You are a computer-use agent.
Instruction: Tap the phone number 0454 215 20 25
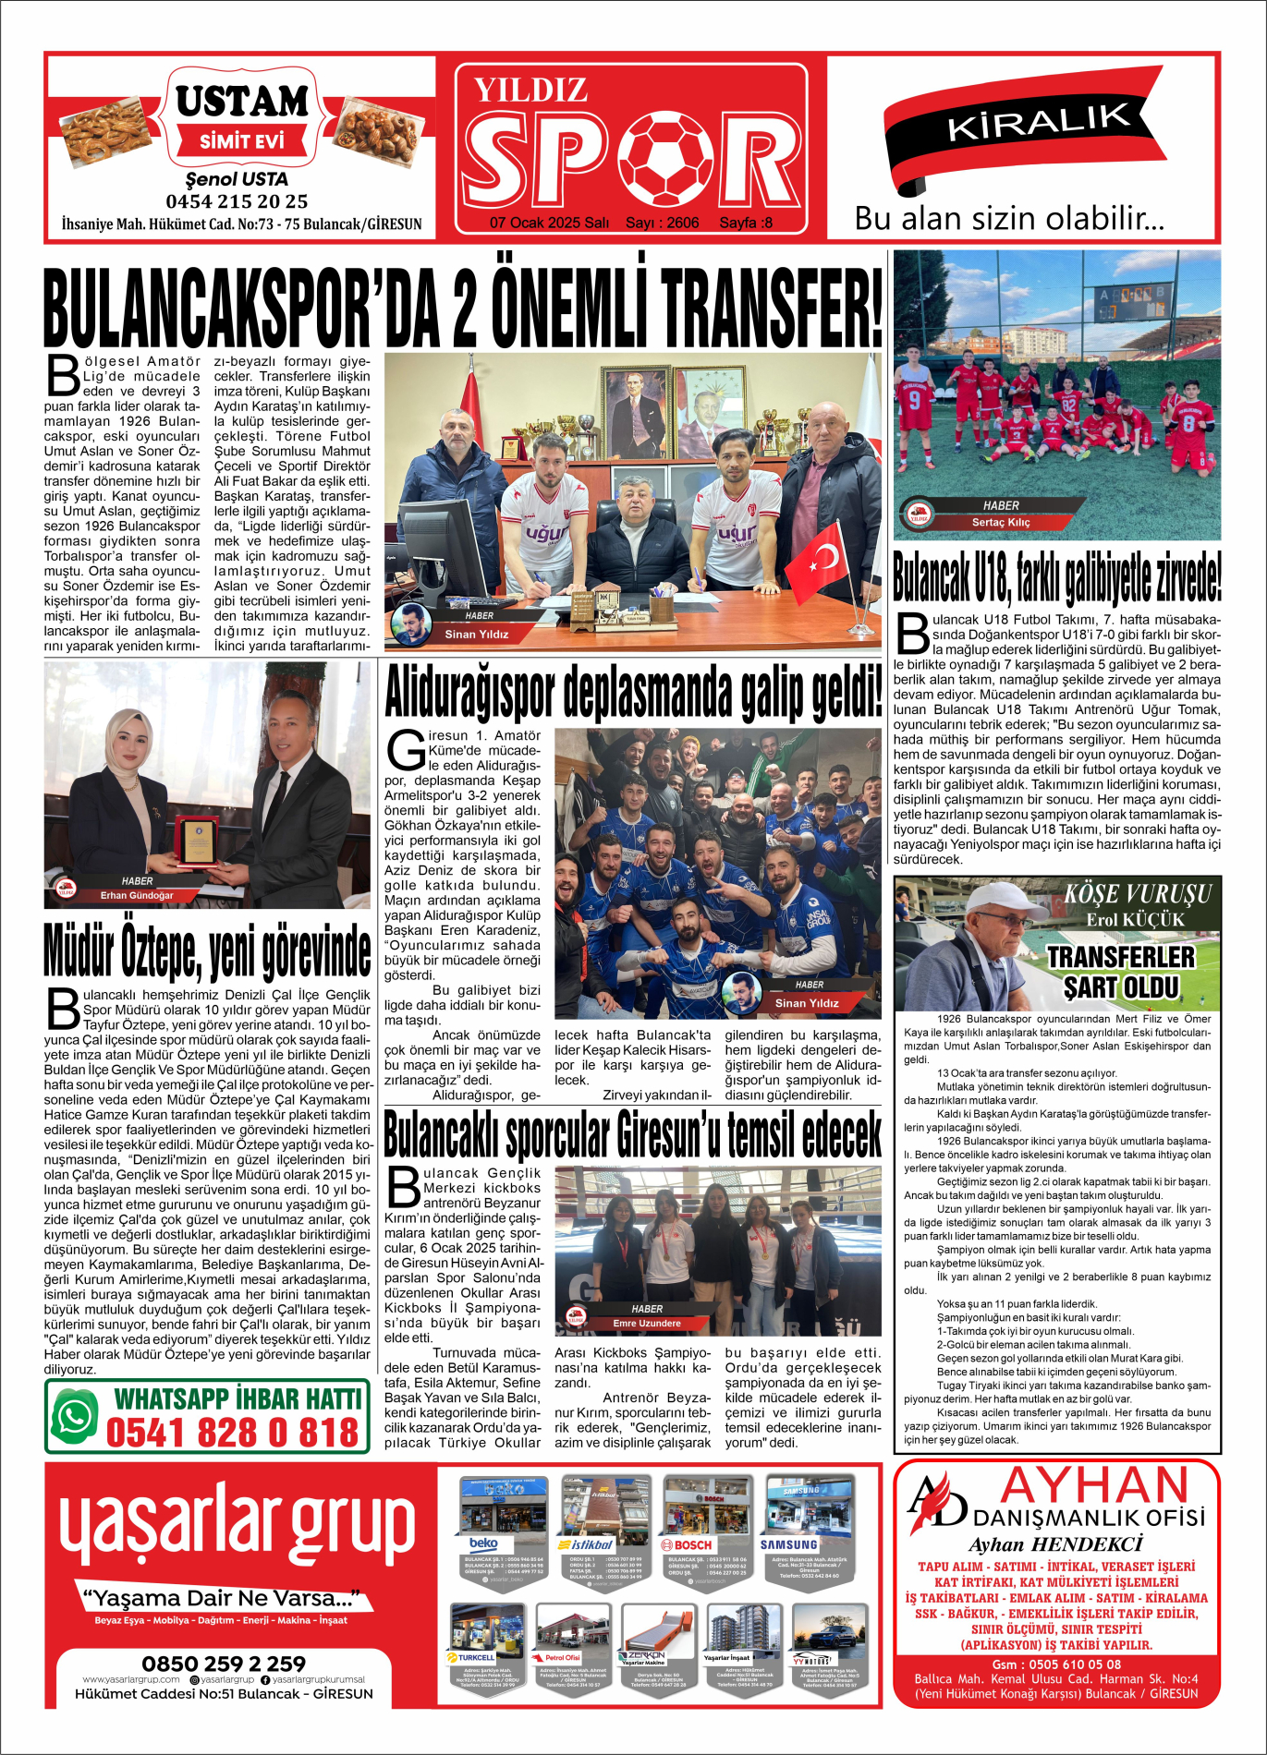point(237,201)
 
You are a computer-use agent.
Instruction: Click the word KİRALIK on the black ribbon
point(1038,121)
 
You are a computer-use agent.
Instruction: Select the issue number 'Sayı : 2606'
point(662,223)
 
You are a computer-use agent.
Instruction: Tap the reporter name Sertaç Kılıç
point(1000,523)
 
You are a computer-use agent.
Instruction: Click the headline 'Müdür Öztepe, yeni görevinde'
point(207,949)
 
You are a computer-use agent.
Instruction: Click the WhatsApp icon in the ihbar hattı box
point(76,1417)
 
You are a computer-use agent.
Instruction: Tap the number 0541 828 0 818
point(232,1433)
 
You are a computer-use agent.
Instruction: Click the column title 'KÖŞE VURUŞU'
point(1137,894)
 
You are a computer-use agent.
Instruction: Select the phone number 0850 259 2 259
point(224,1663)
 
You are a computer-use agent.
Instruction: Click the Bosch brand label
point(687,1544)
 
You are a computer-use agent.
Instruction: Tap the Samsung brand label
point(788,1544)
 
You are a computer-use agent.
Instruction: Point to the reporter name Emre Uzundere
point(646,1324)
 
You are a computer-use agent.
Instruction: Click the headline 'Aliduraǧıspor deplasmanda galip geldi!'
point(633,692)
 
